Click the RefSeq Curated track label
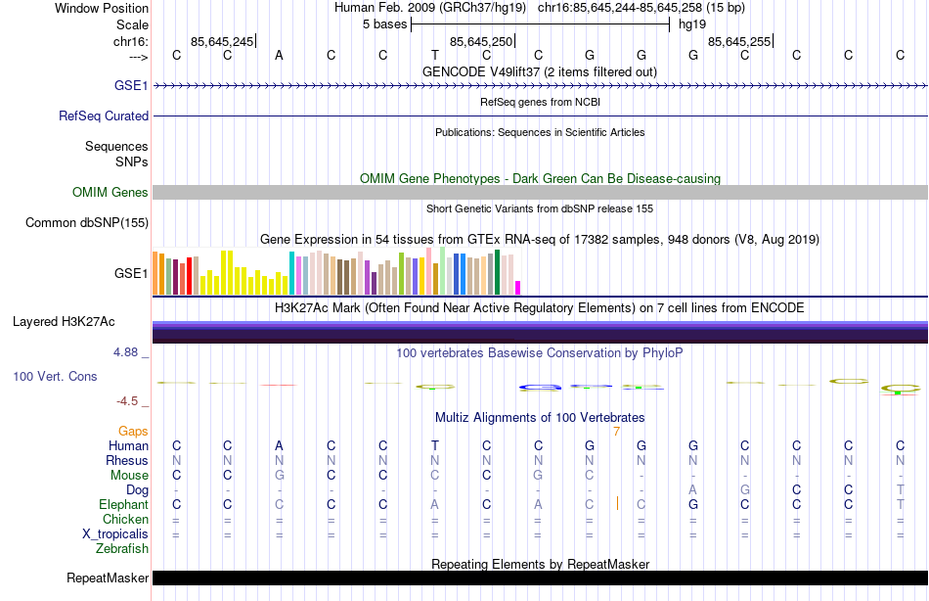(104, 116)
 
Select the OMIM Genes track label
(111, 193)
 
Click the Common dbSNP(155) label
(87, 223)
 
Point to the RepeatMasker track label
(108, 578)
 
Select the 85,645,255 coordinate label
(739, 41)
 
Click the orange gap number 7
(616, 431)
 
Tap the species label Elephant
(124, 504)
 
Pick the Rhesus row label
(128, 460)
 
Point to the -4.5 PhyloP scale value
(132, 400)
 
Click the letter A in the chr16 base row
(279, 55)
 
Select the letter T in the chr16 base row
(434, 55)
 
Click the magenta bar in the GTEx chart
(517, 287)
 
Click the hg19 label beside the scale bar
(692, 24)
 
